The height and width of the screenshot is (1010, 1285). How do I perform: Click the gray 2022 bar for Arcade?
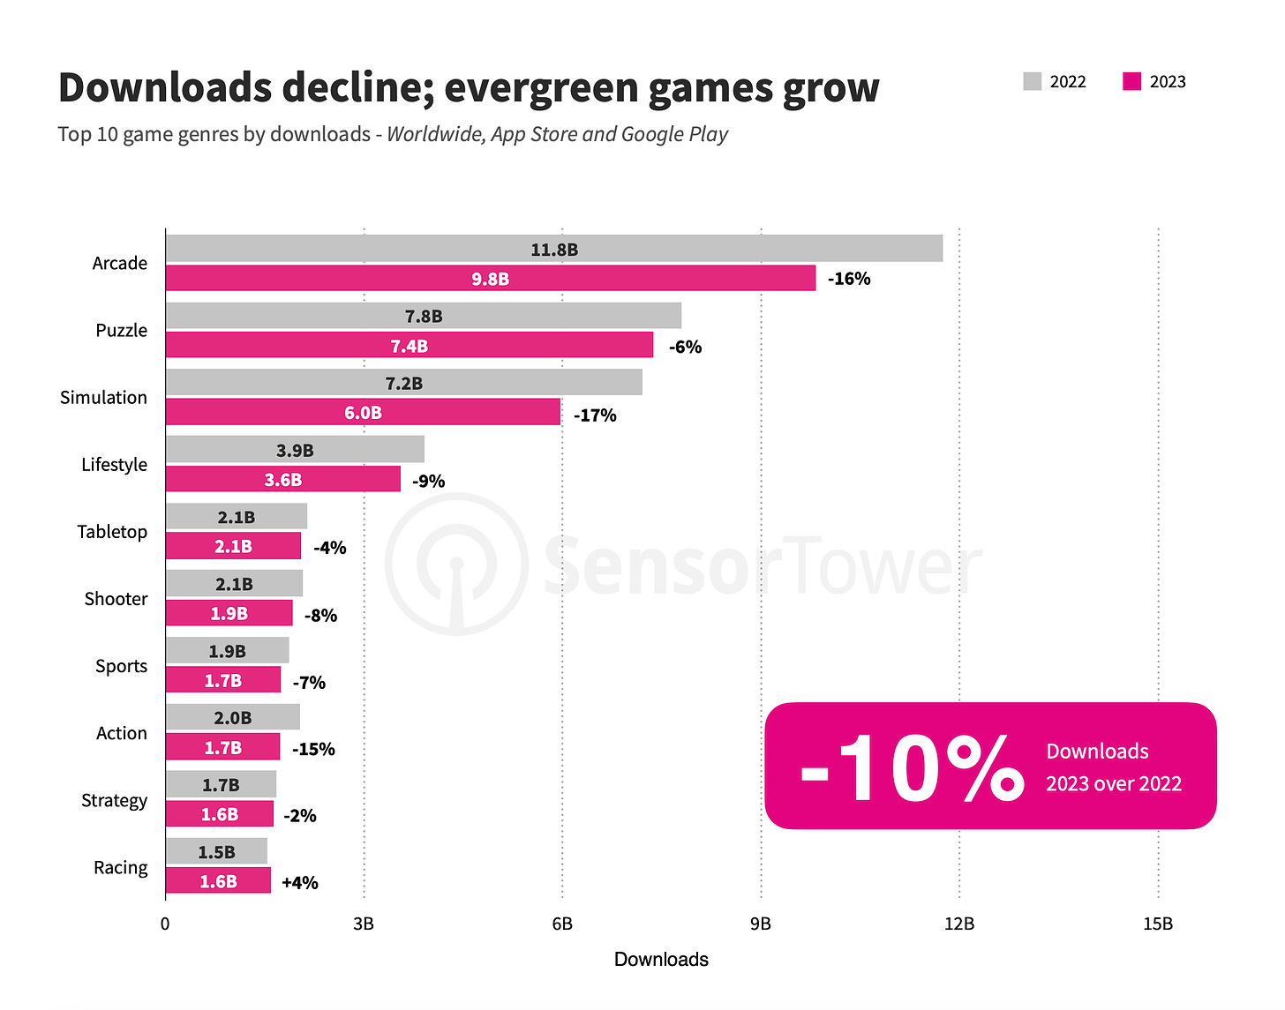554,249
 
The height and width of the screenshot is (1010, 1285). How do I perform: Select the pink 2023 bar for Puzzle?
410,345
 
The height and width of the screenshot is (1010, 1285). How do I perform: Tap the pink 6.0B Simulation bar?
363,412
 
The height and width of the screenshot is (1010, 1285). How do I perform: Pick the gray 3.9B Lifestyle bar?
295,450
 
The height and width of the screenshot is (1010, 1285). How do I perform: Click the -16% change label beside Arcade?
849,279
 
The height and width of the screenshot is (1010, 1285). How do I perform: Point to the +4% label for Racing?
300,882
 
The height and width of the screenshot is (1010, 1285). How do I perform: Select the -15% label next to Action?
313,749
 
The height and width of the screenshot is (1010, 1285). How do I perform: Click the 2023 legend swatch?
1131,82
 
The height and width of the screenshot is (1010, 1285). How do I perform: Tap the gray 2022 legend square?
1033,82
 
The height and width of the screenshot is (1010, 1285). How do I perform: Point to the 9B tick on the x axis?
761,924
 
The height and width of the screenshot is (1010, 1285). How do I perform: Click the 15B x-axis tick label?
1158,924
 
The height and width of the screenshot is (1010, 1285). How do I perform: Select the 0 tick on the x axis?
165,924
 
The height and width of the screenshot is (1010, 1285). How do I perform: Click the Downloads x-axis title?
661,959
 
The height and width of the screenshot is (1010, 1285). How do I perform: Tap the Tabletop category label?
112,531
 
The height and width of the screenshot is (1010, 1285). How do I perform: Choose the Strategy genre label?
114,800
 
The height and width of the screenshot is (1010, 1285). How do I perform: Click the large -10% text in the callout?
911,767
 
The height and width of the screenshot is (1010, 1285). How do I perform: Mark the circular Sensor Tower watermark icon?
456,565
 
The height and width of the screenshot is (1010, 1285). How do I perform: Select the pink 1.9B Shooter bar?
229,613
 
